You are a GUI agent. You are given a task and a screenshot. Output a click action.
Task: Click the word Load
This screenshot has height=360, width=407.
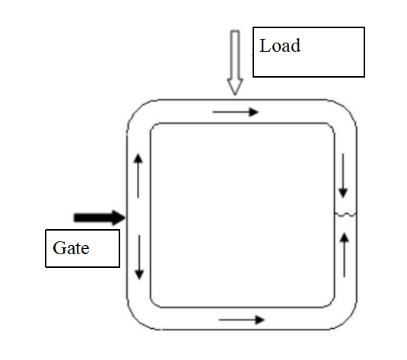(x=280, y=46)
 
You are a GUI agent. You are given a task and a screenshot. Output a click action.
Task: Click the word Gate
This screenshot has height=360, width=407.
(x=71, y=248)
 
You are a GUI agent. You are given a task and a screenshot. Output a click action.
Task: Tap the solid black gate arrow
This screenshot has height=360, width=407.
(x=100, y=218)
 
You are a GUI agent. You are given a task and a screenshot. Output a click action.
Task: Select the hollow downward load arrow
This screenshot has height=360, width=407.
(x=235, y=63)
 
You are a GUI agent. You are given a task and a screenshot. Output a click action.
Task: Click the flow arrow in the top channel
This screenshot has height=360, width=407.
(x=236, y=112)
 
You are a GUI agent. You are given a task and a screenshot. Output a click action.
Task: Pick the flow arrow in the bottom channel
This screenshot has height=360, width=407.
(x=242, y=320)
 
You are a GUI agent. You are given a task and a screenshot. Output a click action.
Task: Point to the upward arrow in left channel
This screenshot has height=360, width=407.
(x=138, y=176)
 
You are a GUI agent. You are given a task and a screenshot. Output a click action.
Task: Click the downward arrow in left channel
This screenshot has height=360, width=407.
(x=139, y=257)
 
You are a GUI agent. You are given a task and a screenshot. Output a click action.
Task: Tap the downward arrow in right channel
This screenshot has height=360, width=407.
(x=343, y=176)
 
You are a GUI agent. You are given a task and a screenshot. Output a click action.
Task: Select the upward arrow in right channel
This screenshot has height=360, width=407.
(x=345, y=255)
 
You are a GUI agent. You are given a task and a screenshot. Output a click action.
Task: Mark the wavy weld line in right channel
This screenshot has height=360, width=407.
(x=345, y=215)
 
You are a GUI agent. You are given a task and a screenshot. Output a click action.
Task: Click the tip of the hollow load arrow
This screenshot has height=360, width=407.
(x=235, y=95)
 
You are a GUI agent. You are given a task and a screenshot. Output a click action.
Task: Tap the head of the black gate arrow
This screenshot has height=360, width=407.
(x=119, y=218)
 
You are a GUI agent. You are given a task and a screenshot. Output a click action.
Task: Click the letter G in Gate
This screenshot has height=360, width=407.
(x=59, y=248)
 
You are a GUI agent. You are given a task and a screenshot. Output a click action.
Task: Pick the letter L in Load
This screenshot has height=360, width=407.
(x=266, y=46)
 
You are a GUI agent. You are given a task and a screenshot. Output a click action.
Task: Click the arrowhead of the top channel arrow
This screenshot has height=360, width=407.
(x=254, y=112)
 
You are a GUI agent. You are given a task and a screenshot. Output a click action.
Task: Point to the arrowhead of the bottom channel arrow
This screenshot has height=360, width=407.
(x=260, y=320)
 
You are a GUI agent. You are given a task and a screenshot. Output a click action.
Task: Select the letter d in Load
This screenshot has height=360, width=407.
(x=296, y=46)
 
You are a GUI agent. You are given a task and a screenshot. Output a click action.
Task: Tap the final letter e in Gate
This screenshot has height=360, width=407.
(x=85, y=250)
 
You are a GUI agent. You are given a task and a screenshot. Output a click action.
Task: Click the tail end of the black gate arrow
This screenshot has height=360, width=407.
(x=75, y=218)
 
